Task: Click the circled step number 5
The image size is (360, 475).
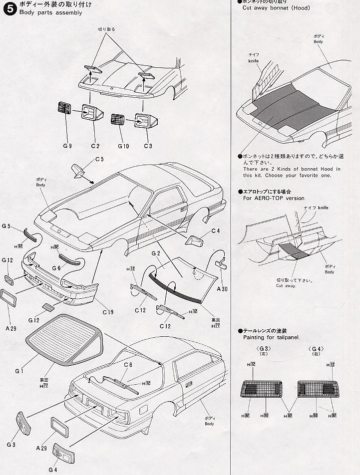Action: click(x=9, y=8)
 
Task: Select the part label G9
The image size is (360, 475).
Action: click(x=67, y=146)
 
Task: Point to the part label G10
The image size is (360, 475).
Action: click(x=123, y=146)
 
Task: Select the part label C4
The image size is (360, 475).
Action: click(x=215, y=231)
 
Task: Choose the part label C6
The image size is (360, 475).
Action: click(x=128, y=365)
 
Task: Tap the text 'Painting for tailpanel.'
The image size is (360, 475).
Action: click(x=271, y=337)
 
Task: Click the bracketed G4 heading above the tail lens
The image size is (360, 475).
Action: click(x=316, y=348)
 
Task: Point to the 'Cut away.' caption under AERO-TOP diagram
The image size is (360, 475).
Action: click(x=286, y=285)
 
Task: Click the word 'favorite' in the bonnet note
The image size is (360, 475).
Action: click(x=313, y=175)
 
